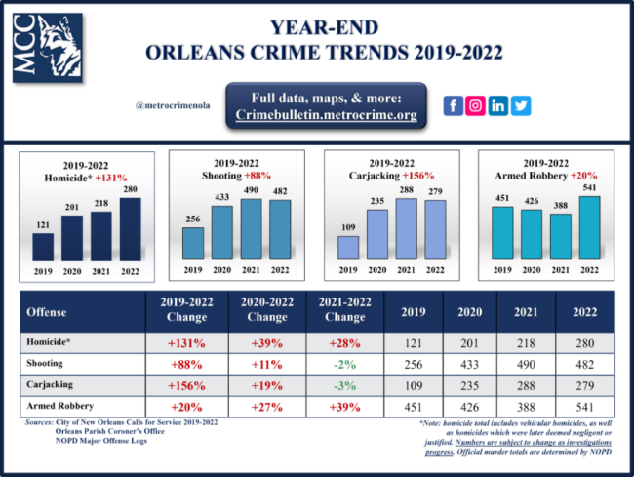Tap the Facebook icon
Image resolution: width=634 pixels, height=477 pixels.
[452, 106]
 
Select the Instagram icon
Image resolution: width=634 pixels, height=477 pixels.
[475, 106]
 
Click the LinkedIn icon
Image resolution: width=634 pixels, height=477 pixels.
[498, 106]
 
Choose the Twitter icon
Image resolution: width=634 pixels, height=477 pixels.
[521, 106]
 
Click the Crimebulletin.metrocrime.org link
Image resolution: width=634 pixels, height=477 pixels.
[326, 114]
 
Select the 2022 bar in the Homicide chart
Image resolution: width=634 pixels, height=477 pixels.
[131, 229]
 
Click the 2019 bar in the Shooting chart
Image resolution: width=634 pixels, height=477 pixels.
[194, 243]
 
